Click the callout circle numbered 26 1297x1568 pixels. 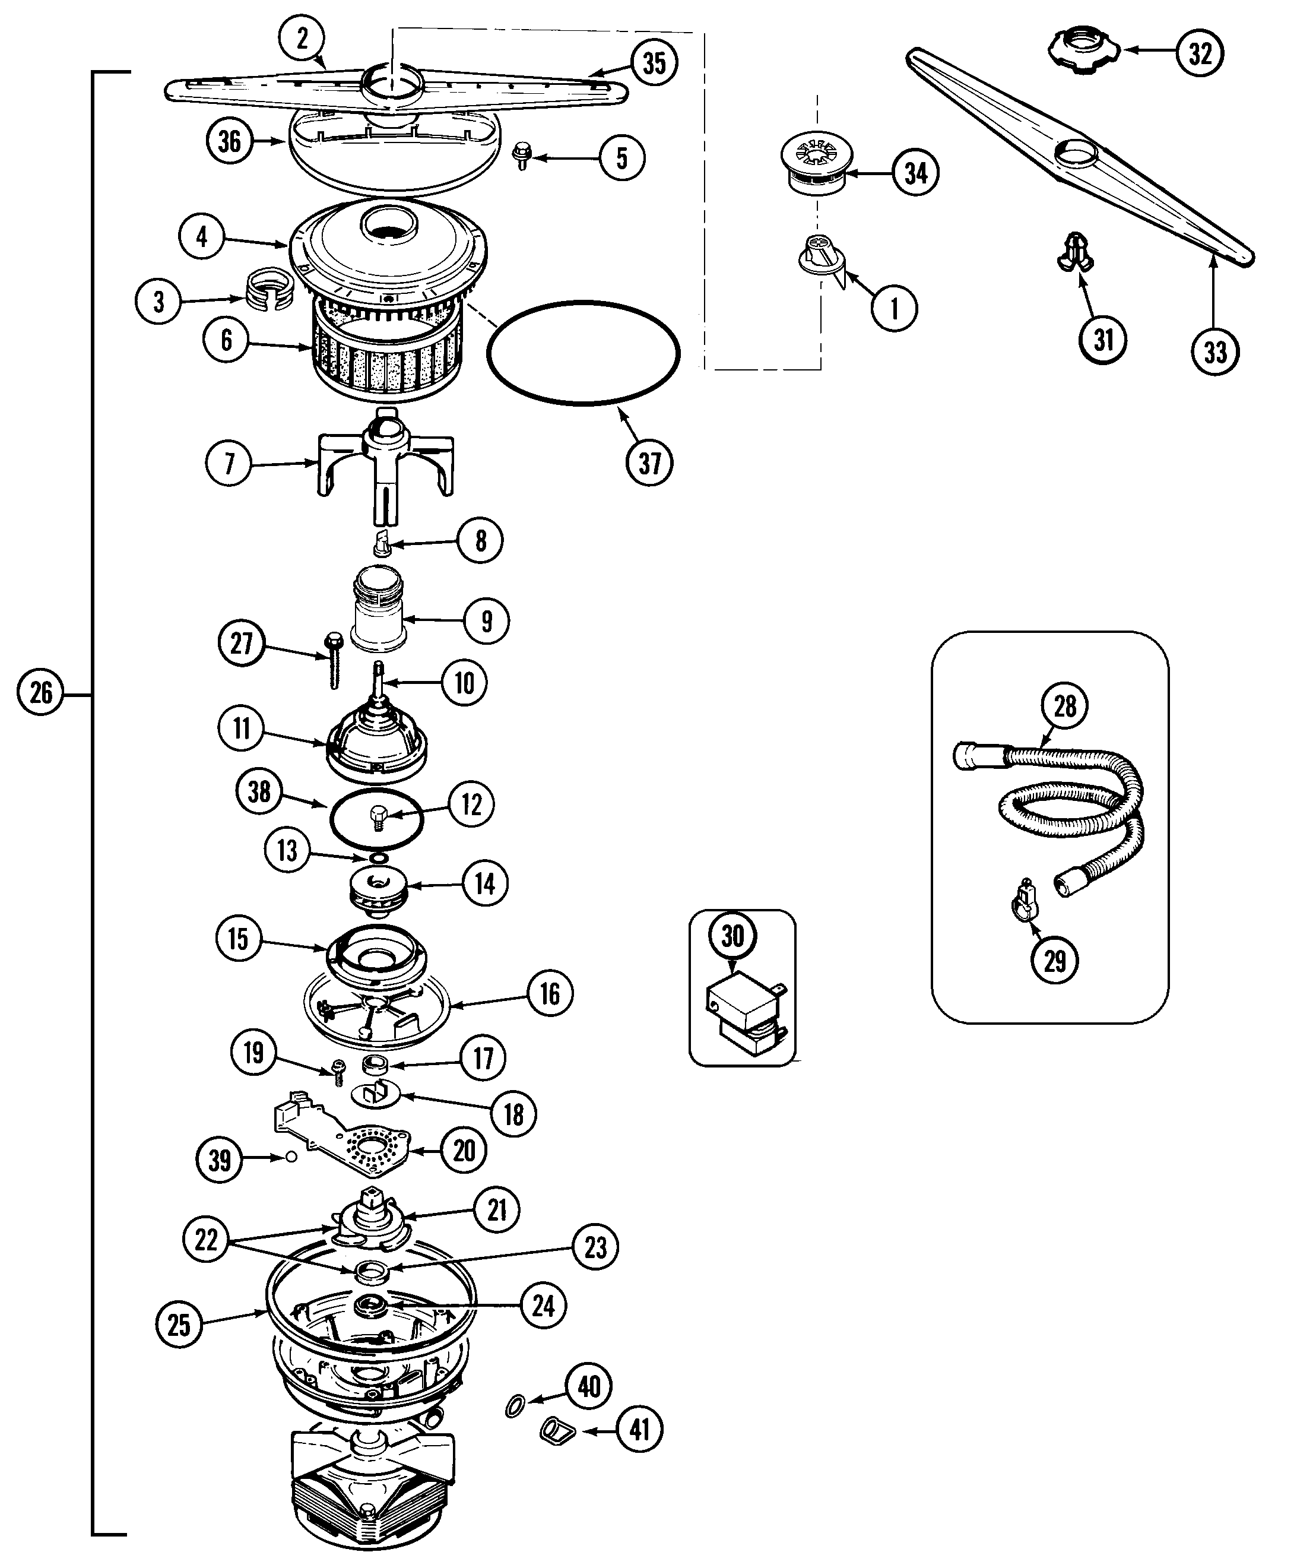[40, 693]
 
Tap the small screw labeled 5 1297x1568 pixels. [521, 156]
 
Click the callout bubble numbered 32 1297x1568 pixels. [1200, 52]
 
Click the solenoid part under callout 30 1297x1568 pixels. [741, 1014]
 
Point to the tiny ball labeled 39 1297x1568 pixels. [292, 1157]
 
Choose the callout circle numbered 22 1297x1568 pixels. [205, 1240]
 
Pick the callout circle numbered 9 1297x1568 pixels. [487, 620]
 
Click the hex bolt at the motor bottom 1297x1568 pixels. [367, 1531]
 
